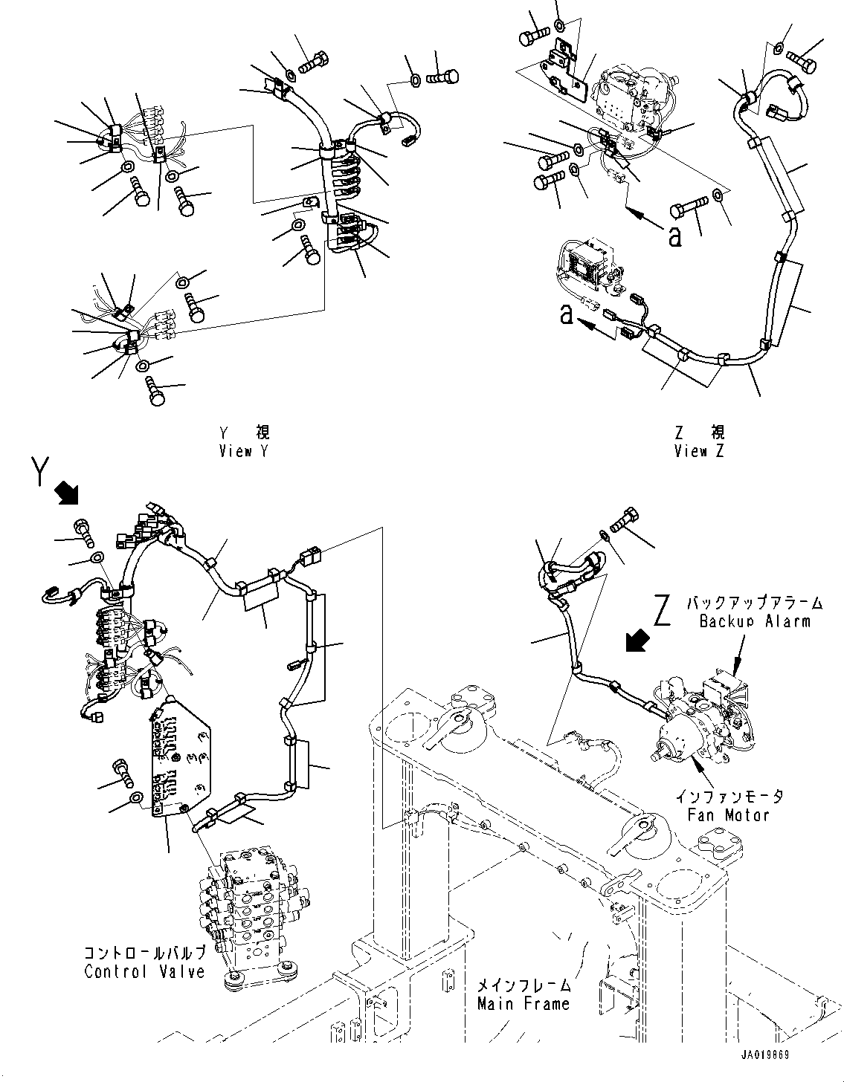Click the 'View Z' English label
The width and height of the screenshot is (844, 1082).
click(699, 451)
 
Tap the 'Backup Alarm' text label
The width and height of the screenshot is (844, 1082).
click(754, 621)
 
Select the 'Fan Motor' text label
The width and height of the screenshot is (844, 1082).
click(729, 814)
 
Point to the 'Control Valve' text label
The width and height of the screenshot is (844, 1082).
click(144, 972)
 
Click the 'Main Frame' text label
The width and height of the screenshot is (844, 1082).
click(524, 1004)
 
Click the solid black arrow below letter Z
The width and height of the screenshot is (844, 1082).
click(637, 640)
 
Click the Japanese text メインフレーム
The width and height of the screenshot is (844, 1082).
click(524, 985)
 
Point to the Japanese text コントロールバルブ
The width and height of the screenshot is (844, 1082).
click(144, 953)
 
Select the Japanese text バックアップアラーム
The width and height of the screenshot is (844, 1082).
click(754, 602)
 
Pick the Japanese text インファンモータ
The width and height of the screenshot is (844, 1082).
click(729, 796)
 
